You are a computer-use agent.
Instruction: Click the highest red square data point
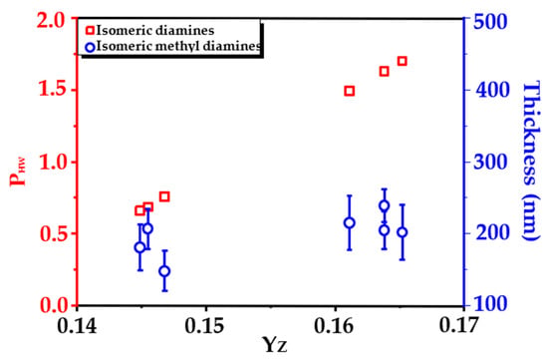pyautogui.click(x=402, y=61)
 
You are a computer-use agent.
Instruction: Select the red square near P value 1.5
pyautogui.click(x=350, y=92)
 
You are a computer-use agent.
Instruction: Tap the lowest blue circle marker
pyautogui.click(x=164, y=271)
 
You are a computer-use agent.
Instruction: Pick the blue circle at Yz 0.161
pyautogui.click(x=350, y=222)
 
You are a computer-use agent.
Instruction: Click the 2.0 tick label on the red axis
pyautogui.click(x=55, y=21)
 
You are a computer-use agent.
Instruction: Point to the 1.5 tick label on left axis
pyautogui.click(x=55, y=90)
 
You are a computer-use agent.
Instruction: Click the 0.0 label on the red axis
pyautogui.click(x=55, y=305)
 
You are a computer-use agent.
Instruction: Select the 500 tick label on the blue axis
pyautogui.click(x=490, y=22)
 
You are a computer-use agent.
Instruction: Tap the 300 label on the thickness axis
pyautogui.click(x=490, y=163)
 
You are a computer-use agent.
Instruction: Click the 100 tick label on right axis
pyautogui.click(x=490, y=304)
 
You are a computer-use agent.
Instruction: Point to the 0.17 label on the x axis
pyautogui.click(x=458, y=325)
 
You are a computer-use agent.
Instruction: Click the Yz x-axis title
pyautogui.click(x=275, y=345)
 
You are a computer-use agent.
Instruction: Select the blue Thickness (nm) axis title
pyautogui.click(x=531, y=161)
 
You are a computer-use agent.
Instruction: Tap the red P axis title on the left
pyautogui.click(x=18, y=172)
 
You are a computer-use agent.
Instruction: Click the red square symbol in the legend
pyautogui.click(x=90, y=31)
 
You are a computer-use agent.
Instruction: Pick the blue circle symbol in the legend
pyautogui.click(x=90, y=47)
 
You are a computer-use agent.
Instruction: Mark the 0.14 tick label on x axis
pyautogui.click(x=78, y=326)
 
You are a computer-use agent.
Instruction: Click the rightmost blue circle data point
pyautogui.click(x=403, y=232)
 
